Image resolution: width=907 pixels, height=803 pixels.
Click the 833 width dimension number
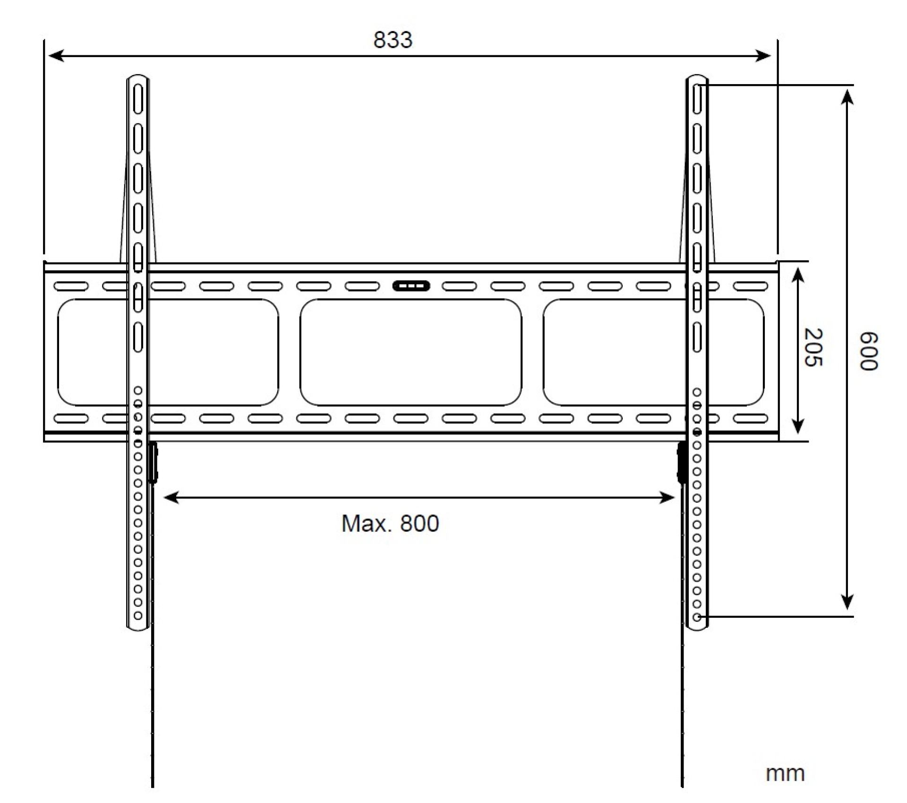[393, 40]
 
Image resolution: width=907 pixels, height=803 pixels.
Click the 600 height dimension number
[868, 351]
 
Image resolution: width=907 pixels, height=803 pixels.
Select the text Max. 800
[390, 523]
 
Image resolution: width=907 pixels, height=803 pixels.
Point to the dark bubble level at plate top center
[411, 286]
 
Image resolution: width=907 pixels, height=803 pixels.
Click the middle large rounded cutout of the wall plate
[411, 352]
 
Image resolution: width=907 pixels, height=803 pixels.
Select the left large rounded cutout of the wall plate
[168, 352]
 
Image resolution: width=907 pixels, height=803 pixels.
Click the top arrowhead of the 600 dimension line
[848, 97]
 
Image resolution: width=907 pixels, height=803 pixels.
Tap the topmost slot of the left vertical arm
[137, 99]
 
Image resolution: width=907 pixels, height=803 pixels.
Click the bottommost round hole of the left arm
[138, 615]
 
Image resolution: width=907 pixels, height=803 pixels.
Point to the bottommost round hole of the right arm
[697, 617]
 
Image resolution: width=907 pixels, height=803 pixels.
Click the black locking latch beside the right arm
[682, 463]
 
